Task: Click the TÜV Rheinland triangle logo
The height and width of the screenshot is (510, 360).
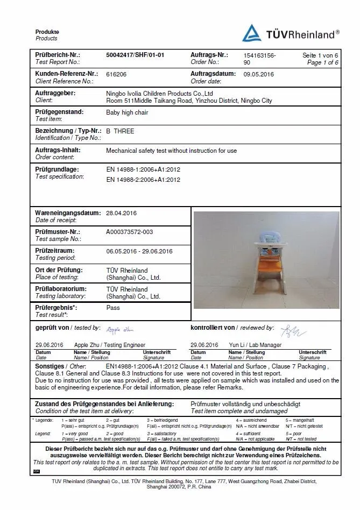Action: pos(251,34)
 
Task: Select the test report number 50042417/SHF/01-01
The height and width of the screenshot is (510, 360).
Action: pos(135,55)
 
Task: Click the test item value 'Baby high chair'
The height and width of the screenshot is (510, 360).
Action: pos(127,112)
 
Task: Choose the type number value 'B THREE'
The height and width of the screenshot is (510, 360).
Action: pos(120,131)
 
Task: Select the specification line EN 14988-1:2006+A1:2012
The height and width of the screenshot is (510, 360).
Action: pos(143,169)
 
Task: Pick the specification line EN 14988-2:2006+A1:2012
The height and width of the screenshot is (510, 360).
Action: pos(143,179)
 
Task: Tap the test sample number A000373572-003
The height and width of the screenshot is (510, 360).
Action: pos(129,232)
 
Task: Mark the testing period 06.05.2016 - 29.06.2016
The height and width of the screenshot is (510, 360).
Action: pos(139,251)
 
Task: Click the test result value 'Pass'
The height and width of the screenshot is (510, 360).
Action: pos(113,308)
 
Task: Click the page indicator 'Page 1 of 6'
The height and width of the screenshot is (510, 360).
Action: pos(322,62)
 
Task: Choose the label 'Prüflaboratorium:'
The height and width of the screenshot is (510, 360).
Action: pos(61,289)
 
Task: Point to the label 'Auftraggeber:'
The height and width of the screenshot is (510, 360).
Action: pos(55,93)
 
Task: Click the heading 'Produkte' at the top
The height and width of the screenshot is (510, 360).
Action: pos(47,32)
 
